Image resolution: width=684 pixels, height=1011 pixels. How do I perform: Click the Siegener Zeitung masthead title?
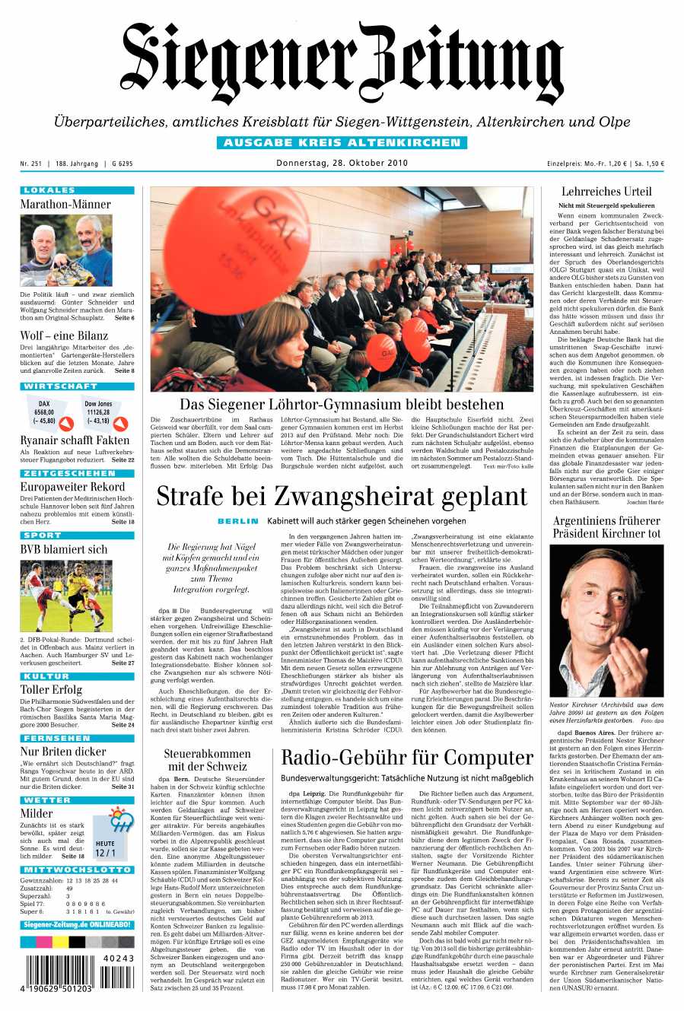[342, 65]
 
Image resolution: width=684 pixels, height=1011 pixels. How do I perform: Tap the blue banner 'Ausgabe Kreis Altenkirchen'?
[342, 142]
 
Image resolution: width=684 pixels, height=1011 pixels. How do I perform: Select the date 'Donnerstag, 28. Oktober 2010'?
[342, 163]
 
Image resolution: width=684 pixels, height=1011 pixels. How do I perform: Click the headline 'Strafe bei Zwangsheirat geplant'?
[342, 496]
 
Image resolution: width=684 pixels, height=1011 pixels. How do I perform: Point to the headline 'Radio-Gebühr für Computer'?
[407, 758]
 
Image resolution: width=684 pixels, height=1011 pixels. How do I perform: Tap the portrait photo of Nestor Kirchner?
[606, 620]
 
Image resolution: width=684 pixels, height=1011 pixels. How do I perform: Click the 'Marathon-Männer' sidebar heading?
[65, 204]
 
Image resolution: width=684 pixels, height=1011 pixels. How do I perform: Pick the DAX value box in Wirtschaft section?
[44, 412]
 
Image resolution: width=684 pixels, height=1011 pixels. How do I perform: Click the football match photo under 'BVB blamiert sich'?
[66, 595]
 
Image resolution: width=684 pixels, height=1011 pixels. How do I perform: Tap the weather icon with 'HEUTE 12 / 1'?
[110, 837]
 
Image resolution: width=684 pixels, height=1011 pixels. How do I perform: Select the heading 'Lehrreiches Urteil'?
[606, 192]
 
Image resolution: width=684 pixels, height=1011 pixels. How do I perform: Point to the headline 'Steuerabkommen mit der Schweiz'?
[208, 760]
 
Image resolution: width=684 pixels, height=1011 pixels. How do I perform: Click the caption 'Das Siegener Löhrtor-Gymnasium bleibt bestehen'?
[342, 404]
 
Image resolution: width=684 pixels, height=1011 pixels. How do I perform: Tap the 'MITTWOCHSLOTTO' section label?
[77, 870]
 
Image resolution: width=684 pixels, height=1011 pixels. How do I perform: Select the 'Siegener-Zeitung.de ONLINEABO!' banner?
[77, 924]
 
